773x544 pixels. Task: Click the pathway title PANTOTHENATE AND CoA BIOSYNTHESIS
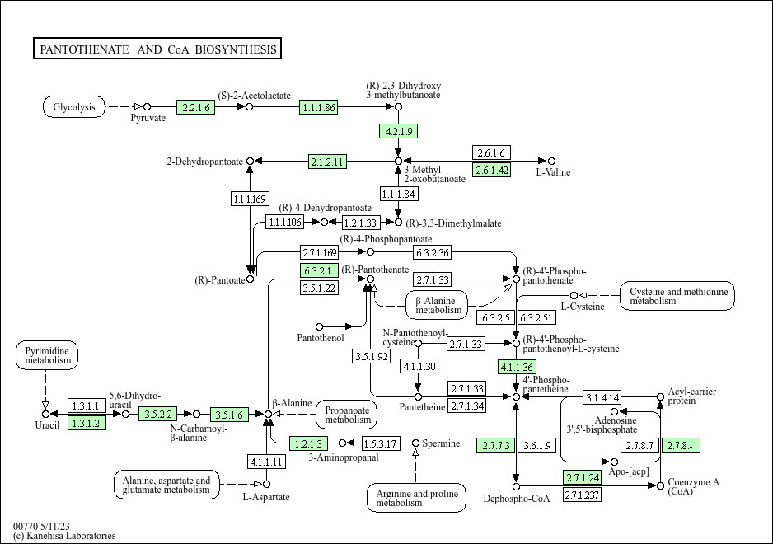coord(158,49)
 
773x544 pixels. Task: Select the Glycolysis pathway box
coord(74,107)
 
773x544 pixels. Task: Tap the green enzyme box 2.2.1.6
coord(195,107)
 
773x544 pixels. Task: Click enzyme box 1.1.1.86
coord(319,107)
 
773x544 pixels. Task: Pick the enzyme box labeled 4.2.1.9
coord(399,131)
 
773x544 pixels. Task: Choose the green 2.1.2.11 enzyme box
coord(328,162)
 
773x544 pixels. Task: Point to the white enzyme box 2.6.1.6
coord(491,152)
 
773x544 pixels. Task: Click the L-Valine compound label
coord(553,172)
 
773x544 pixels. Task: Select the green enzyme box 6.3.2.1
coord(319,271)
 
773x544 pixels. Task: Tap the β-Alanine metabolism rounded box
coord(437,305)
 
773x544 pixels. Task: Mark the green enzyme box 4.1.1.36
coord(518,367)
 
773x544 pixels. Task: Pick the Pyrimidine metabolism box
coord(47,356)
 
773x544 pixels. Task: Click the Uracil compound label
coord(47,424)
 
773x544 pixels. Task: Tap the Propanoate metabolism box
coord(347,414)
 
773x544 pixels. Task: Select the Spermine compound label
coord(442,443)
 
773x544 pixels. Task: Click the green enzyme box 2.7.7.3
coord(496,445)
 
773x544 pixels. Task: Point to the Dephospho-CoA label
coord(517,498)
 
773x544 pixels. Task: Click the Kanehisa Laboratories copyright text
coord(64,536)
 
